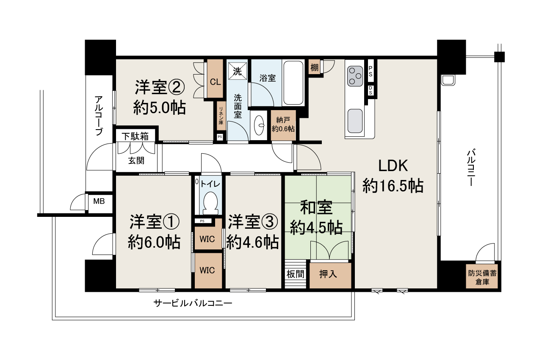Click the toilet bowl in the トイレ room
210,203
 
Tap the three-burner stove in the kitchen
355,76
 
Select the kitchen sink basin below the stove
355,121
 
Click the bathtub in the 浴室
293,83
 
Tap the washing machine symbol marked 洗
238,71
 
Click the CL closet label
215,82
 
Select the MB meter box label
99,201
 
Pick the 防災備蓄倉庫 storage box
482,278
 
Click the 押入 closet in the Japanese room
330,275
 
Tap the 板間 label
295,274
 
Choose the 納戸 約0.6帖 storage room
283,125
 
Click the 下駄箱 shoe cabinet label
135,136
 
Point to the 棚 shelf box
314,67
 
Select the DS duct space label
371,90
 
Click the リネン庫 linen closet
221,116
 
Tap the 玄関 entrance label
136,161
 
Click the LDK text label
393,166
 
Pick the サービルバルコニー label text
193,303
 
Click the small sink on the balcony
448,80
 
